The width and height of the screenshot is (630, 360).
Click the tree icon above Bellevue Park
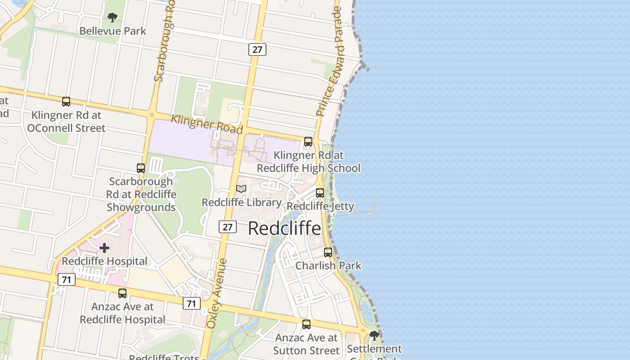(112, 18)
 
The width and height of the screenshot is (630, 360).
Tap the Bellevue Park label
(112, 31)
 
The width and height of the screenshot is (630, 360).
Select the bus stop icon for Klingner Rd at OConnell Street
(66, 102)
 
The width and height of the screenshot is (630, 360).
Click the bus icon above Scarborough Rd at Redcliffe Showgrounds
(141, 168)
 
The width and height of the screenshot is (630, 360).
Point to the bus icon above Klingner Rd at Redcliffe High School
(308, 142)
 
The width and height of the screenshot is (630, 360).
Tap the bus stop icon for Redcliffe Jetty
(320, 193)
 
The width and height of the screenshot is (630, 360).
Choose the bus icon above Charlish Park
(328, 252)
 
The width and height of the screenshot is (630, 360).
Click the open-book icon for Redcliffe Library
(241, 189)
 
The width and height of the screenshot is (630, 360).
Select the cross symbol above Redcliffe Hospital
(104, 248)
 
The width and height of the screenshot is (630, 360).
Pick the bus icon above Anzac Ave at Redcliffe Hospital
(122, 293)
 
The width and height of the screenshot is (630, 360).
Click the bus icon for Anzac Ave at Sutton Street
(306, 324)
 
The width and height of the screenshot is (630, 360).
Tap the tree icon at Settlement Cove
(374, 336)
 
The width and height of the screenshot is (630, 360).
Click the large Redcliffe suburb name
(284, 228)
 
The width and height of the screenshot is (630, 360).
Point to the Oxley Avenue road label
(217, 293)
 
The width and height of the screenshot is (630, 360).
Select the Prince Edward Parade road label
(330, 62)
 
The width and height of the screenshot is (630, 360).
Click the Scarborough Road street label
(164, 43)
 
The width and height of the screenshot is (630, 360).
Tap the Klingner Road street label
(207, 124)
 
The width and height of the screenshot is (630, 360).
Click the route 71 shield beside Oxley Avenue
(192, 304)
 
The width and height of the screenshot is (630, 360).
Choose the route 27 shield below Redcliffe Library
(228, 227)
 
